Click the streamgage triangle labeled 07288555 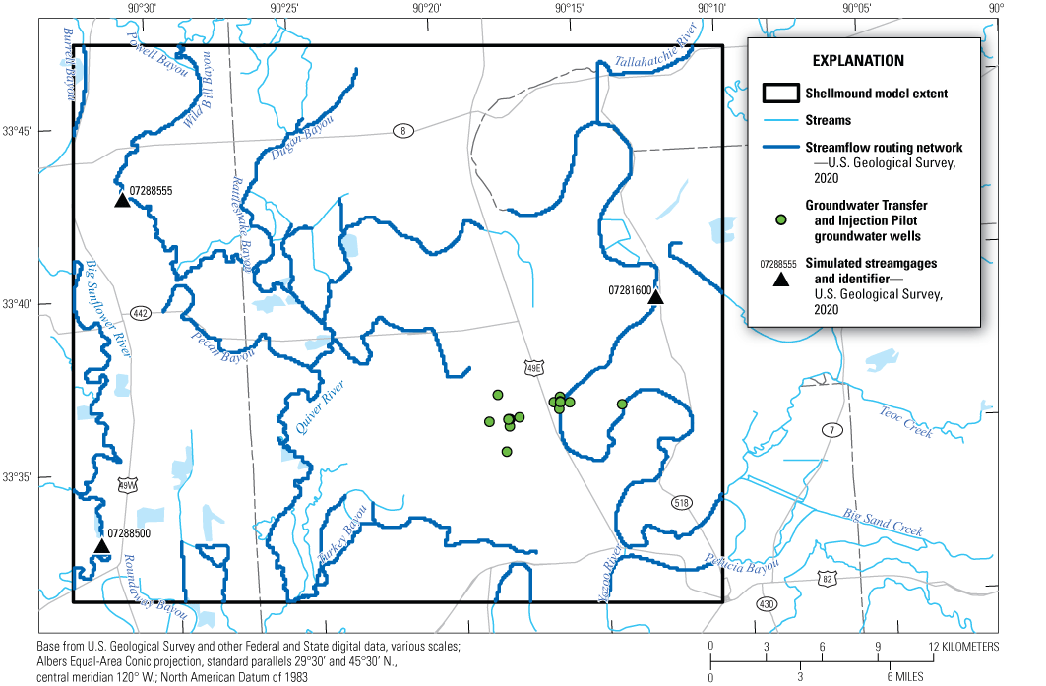pos(122,200)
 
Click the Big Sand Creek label pos(884,523)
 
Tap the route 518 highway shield pos(681,503)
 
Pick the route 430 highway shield pos(767,602)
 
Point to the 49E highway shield pos(533,366)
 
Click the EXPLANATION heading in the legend pos(858,60)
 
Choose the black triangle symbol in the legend pos(780,279)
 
